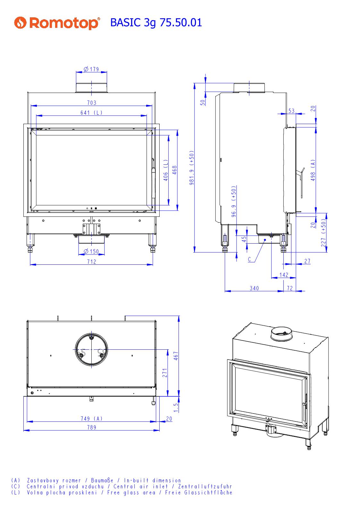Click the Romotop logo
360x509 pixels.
(x=57, y=23)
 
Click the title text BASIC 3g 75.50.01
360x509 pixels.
(x=156, y=22)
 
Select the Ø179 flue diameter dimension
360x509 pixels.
(x=91, y=69)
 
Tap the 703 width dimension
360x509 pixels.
(x=91, y=103)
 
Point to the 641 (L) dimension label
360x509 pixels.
(x=91, y=113)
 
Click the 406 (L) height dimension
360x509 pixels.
(x=166, y=170)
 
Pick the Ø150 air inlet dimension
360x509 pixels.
(x=91, y=252)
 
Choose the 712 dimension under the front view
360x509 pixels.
(x=91, y=262)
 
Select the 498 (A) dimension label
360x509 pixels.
(x=313, y=170)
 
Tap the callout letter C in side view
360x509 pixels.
(x=250, y=259)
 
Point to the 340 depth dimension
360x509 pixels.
(x=254, y=288)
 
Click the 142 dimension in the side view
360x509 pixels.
(x=284, y=275)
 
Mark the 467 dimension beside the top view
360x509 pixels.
(x=176, y=356)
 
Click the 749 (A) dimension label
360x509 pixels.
(x=91, y=418)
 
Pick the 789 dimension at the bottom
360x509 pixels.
(x=91, y=427)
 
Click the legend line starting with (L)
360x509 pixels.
(x=122, y=493)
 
